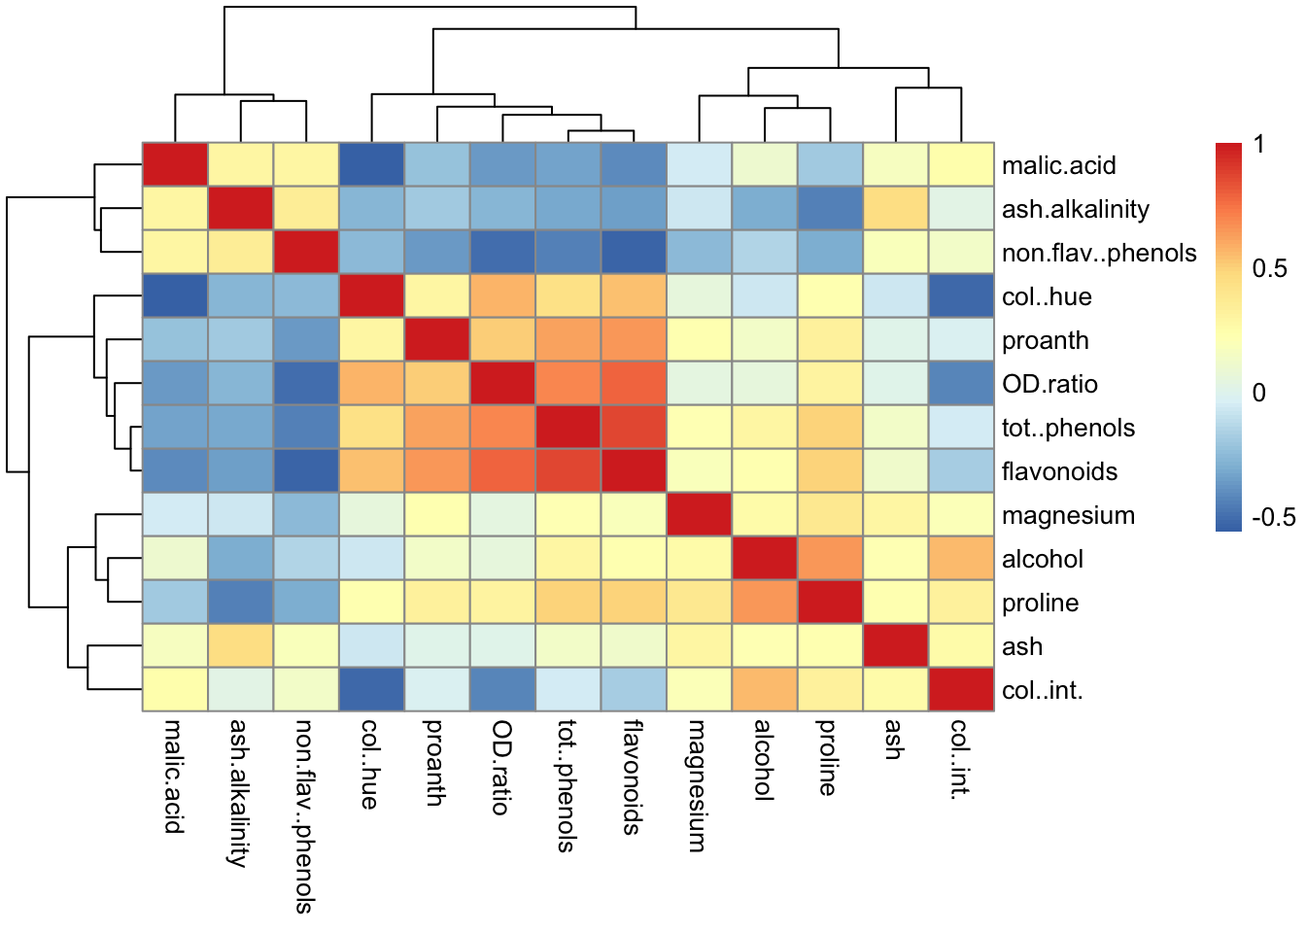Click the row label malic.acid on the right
click(x=1058, y=166)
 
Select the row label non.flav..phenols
click(x=1098, y=254)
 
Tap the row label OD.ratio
click(x=1049, y=385)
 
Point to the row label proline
click(x=1040, y=604)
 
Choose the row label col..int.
click(x=1042, y=691)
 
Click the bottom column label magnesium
click(x=697, y=785)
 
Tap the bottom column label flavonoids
click(x=632, y=777)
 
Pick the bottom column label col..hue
click(x=370, y=764)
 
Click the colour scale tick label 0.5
click(x=1269, y=269)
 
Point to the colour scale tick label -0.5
click(x=1273, y=517)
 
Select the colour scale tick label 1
click(x=1259, y=146)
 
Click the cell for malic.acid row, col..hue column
click(x=371, y=165)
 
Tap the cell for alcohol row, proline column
click(x=830, y=559)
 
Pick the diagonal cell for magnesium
click(x=699, y=515)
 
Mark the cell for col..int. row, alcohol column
click(x=765, y=690)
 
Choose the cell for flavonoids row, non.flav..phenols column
click(x=306, y=471)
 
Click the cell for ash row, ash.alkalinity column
click(x=240, y=646)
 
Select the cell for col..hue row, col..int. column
click(x=961, y=296)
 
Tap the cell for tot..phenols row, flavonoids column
click(x=634, y=428)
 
